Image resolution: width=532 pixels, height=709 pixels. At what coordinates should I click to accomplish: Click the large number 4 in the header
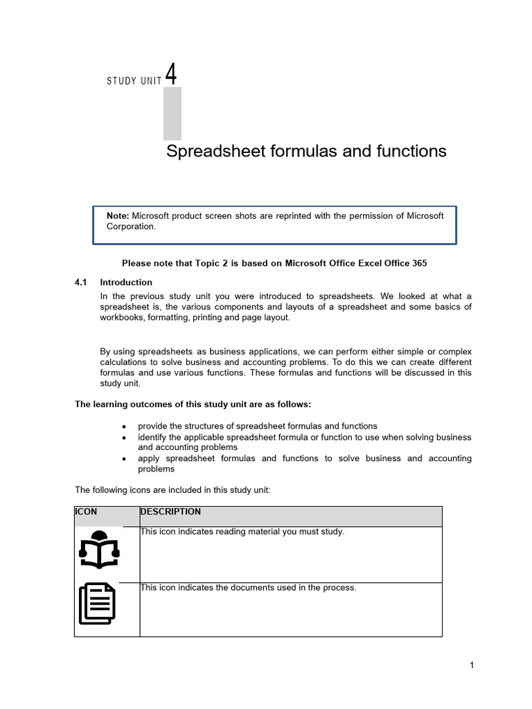pyautogui.click(x=171, y=74)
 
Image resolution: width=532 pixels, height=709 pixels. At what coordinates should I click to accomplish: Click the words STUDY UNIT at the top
pyautogui.click(x=134, y=81)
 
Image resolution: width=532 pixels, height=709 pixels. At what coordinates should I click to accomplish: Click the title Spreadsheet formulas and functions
pyautogui.click(x=306, y=151)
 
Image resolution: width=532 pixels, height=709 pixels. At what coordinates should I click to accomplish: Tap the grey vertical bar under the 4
pyautogui.click(x=172, y=114)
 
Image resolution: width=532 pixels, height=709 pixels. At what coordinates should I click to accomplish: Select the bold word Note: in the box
pyautogui.click(x=118, y=216)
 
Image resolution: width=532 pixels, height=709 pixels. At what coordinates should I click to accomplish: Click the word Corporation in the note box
pyautogui.click(x=131, y=226)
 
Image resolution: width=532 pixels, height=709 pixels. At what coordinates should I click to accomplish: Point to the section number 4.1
pyautogui.click(x=82, y=282)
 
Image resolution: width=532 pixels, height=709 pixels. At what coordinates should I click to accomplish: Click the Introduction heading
pyautogui.click(x=126, y=282)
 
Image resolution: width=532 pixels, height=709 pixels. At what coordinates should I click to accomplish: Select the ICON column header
pyautogui.click(x=86, y=512)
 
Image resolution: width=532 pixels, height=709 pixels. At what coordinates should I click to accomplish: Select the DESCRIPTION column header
pyautogui.click(x=170, y=512)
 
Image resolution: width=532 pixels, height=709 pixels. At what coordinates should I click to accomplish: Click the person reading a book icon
pyautogui.click(x=99, y=550)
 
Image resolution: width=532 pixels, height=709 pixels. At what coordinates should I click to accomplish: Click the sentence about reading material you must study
pyautogui.click(x=242, y=532)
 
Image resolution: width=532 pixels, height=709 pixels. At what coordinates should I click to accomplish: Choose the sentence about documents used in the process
pyautogui.click(x=248, y=588)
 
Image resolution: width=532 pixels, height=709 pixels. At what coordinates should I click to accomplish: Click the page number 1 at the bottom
pyautogui.click(x=472, y=665)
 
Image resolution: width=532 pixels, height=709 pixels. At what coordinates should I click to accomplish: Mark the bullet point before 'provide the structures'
pyautogui.click(x=123, y=427)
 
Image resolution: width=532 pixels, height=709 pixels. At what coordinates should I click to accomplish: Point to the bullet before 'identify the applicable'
pyautogui.click(x=123, y=438)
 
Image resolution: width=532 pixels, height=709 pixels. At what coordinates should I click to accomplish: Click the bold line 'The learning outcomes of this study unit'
pyautogui.click(x=193, y=404)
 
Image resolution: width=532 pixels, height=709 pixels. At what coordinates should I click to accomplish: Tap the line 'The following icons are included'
pyautogui.click(x=172, y=490)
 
